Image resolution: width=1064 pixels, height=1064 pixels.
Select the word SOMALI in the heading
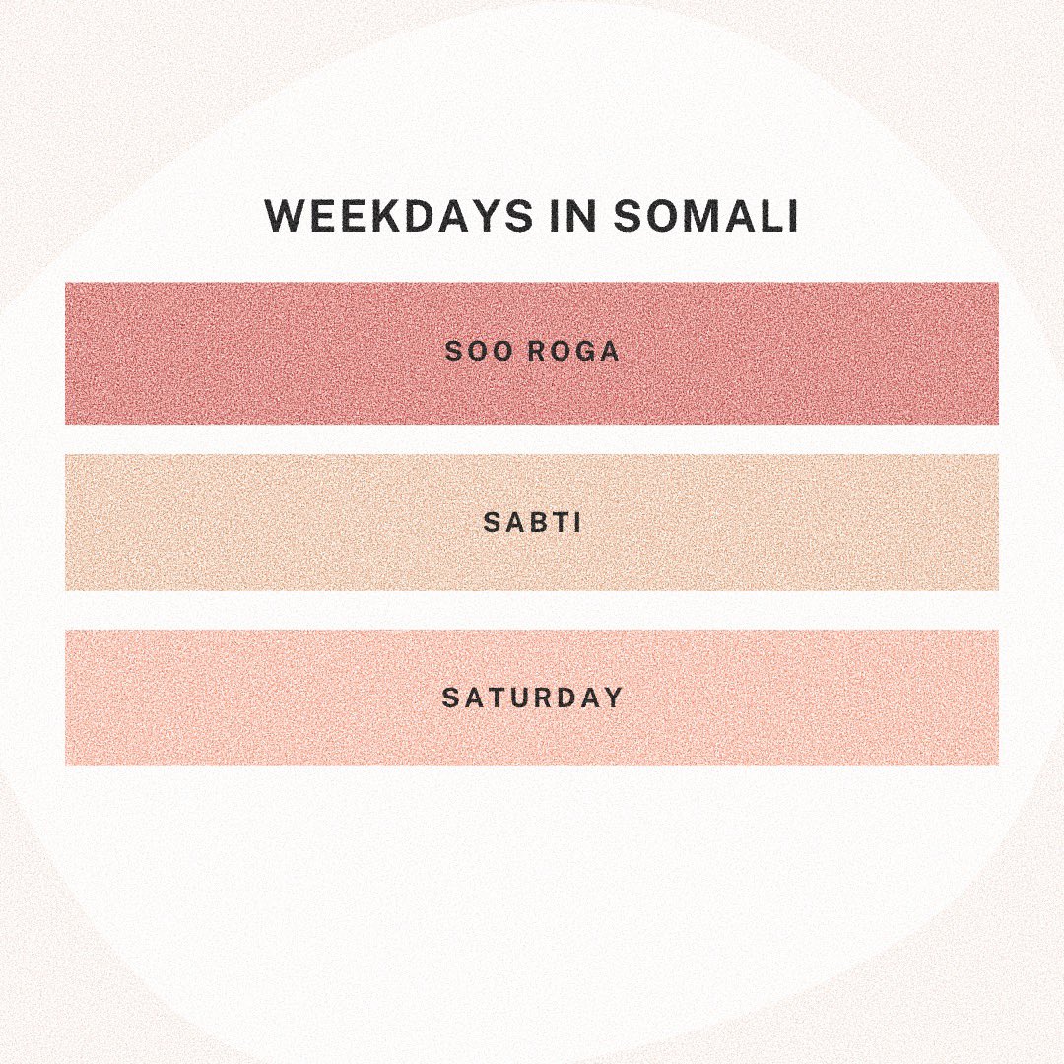pos(705,217)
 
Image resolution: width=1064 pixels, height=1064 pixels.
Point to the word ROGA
pos(575,352)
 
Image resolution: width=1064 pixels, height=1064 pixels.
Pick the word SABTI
pos(532,522)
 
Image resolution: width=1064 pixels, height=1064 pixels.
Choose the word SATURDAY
pos(532,698)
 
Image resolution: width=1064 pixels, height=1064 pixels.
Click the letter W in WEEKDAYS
pos(286,217)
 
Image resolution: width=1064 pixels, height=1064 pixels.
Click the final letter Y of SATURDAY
pos(613,698)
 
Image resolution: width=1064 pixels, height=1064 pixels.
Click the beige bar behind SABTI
pos(246,522)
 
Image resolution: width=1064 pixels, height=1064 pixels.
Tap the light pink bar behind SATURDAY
pos(246,698)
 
